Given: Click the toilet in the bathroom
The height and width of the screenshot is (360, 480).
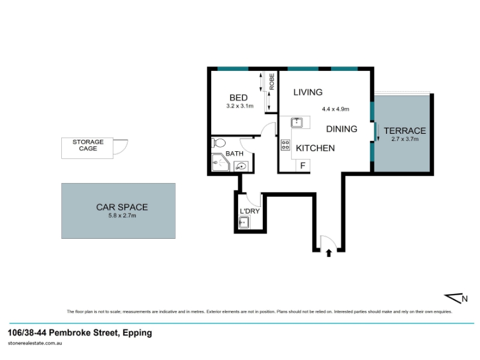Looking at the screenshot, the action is [x=218, y=143].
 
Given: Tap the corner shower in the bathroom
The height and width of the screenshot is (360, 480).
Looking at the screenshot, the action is [x=220, y=162].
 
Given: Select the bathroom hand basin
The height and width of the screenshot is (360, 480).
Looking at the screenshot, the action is [x=242, y=167].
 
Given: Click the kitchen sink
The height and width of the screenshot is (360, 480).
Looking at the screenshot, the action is [x=296, y=122].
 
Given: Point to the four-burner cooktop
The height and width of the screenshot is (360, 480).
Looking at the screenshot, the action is [x=286, y=145].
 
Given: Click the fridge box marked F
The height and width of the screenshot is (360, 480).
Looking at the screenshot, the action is [x=303, y=166].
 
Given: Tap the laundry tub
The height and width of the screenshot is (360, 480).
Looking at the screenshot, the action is [x=244, y=222].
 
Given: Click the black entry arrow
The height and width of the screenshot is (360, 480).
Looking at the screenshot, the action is [x=329, y=253].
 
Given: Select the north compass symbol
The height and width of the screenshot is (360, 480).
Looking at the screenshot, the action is [x=456, y=298].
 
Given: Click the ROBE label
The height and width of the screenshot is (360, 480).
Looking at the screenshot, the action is [x=272, y=82].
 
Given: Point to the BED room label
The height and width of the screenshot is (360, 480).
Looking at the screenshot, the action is [x=238, y=98].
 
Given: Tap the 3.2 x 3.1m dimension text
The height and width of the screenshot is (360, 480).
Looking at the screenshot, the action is [x=240, y=106].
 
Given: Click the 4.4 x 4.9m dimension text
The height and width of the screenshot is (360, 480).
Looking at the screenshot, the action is [x=335, y=109].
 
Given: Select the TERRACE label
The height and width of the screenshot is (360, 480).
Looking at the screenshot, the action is [x=404, y=131].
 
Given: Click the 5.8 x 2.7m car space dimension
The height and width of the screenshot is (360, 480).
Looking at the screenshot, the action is [x=122, y=215].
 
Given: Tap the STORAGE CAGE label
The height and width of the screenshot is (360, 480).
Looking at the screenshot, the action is [x=88, y=145].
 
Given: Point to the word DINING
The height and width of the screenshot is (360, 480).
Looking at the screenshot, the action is [x=341, y=129].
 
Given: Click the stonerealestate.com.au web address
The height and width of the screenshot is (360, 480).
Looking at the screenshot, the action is [x=35, y=343].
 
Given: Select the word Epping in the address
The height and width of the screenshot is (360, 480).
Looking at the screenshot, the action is [x=137, y=333].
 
